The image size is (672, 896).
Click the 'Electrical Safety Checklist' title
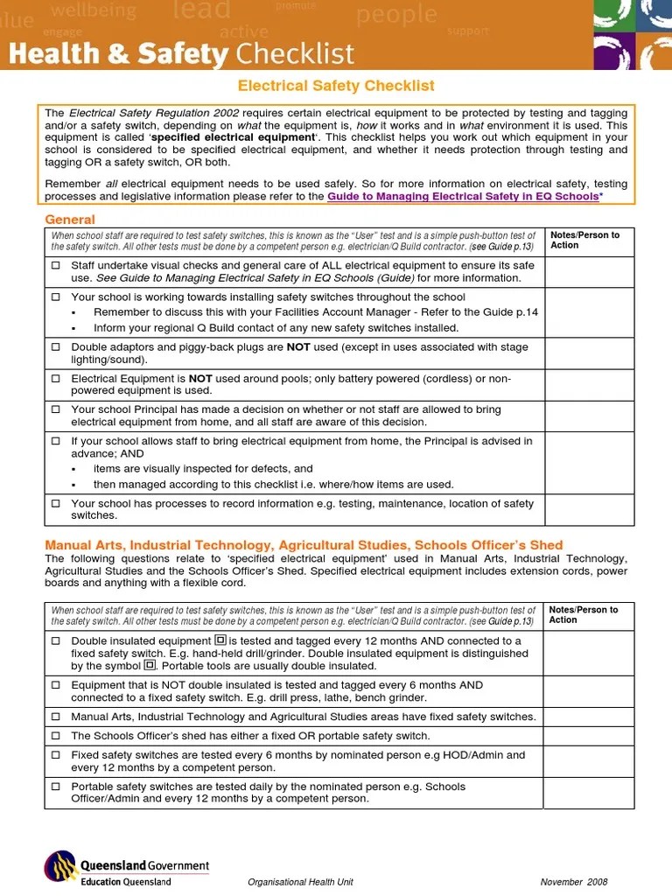[337, 86]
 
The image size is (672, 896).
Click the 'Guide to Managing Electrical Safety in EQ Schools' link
[463, 197]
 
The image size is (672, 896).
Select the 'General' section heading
[70, 220]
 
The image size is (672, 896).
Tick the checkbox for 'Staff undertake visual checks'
[56, 264]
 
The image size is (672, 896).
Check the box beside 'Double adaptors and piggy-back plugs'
[56, 347]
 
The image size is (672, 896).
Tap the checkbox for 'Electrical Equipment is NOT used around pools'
[56, 379]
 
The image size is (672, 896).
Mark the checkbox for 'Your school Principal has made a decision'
[56, 409]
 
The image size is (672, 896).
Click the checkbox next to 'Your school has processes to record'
[56, 504]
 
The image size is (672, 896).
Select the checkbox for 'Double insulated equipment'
[56, 640]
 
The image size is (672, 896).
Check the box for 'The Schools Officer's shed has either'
[56, 736]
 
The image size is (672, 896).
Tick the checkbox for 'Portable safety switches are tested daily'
[56, 787]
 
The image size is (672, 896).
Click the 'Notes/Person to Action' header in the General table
[584, 240]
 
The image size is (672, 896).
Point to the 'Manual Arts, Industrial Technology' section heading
[304, 545]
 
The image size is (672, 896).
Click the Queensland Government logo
[127, 870]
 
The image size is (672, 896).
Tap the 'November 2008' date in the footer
[573, 882]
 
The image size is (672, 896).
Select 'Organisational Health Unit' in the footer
[301, 882]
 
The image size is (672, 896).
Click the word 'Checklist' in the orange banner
[295, 53]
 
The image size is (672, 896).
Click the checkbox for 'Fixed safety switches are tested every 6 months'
[56, 755]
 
